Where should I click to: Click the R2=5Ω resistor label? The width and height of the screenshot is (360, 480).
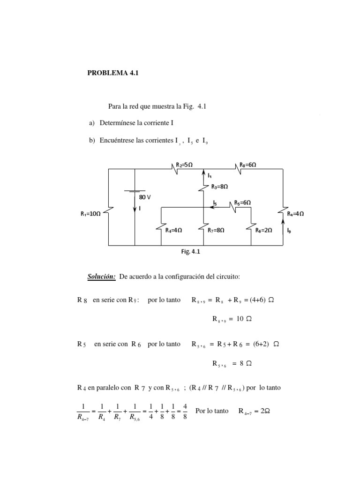click(x=185, y=165)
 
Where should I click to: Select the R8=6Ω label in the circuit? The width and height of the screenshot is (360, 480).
click(x=247, y=165)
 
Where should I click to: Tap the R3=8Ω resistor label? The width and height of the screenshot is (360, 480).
click(x=219, y=187)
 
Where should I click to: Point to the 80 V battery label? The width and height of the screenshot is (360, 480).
click(x=145, y=197)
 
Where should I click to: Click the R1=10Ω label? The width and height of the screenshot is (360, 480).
click(x=90, y=214)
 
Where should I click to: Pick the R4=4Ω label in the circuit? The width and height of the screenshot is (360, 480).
click(x=173, y=230)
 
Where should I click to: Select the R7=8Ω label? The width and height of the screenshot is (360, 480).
click(x=216, y=230)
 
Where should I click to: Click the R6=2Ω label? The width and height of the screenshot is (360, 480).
click(x=264, y=230)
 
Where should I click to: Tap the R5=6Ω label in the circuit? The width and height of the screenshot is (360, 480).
click(x=242, y=203)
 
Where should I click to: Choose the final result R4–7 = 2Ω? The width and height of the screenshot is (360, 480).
click(x=255, y=411)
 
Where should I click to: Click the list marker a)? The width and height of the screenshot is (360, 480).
click(x=92, y=123)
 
